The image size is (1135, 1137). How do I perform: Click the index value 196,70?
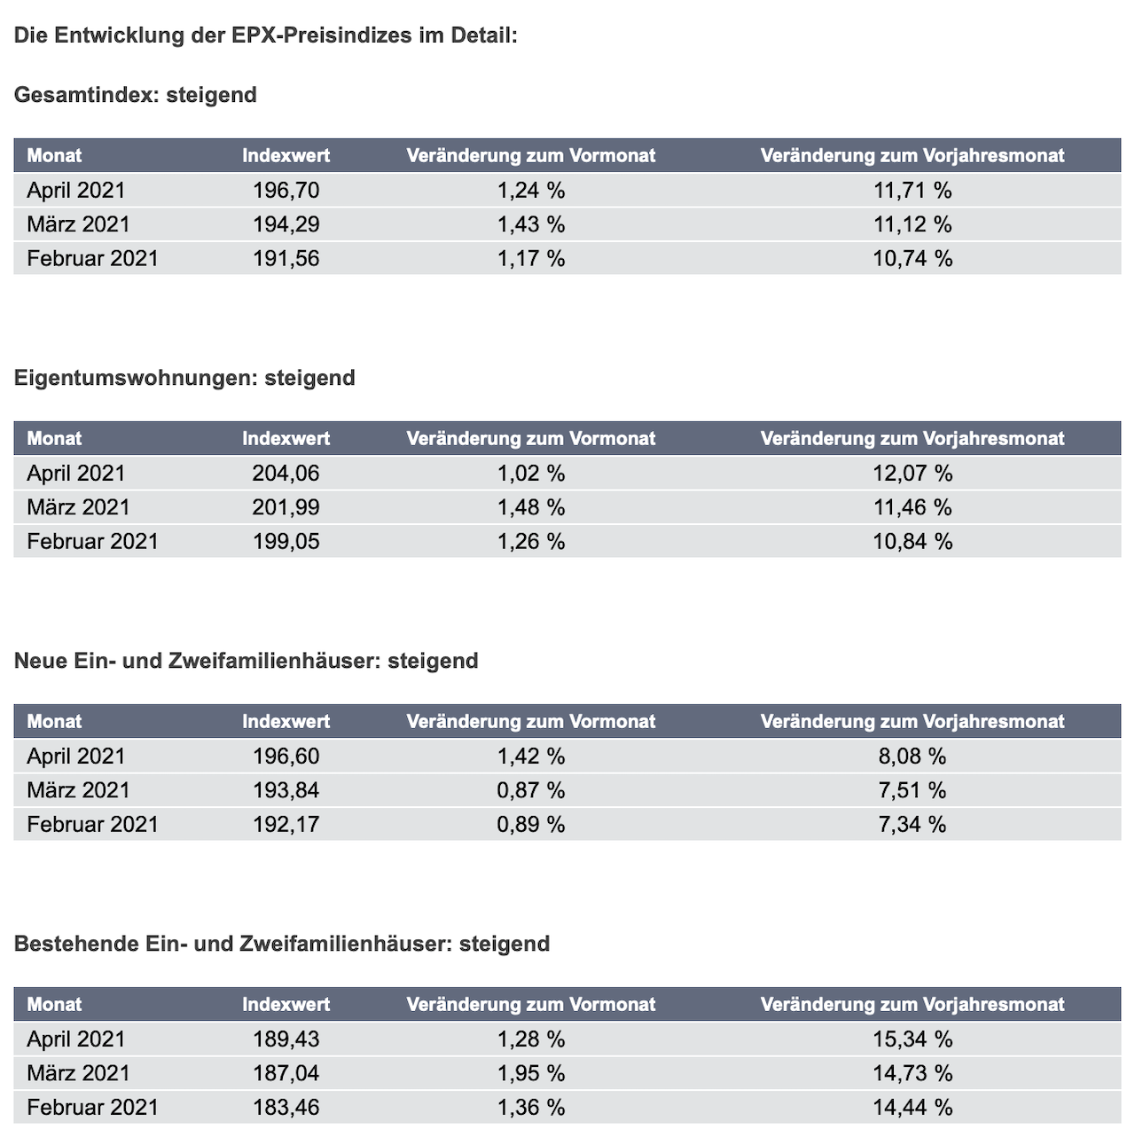[286, 191]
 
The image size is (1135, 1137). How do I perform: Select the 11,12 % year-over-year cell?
[912, 224]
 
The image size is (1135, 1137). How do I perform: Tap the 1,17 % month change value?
[531, 258]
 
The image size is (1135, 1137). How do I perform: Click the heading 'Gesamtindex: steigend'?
[135, 95]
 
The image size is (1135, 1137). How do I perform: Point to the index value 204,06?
[286, 474]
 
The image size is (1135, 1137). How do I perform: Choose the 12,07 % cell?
[912, 474]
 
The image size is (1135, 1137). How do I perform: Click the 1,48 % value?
[531, 507]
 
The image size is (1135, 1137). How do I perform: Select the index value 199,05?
[286, 542]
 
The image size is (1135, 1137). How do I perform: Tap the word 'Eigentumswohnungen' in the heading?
[135, 378]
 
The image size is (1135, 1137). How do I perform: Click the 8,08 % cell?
[912, 757]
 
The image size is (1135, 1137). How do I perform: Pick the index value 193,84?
[286, 790]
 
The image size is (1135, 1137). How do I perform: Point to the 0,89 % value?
[531, 825]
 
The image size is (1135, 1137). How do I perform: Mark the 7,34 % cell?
[912, 825]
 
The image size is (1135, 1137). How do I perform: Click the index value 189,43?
[286, 1039]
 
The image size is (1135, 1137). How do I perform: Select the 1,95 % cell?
[531, 1073]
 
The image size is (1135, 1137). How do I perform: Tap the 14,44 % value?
[912, 1108]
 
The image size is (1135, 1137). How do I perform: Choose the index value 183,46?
[286, 1108]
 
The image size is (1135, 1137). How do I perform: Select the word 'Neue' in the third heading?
[41, 662]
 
